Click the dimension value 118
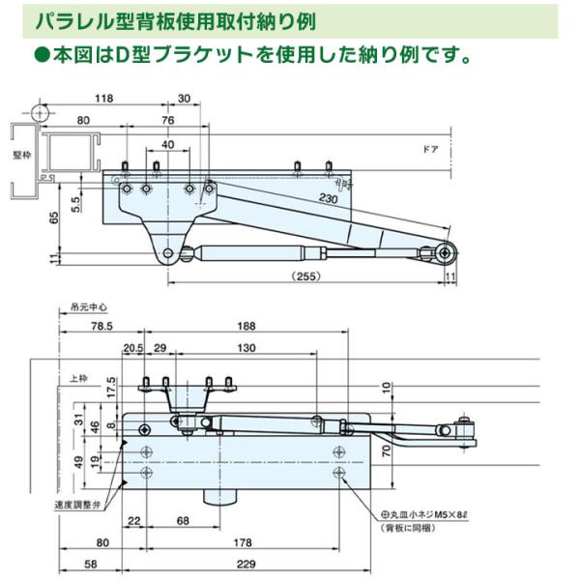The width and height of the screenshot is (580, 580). point(105,98)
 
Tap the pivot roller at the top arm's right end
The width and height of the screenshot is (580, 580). point(446,252)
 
